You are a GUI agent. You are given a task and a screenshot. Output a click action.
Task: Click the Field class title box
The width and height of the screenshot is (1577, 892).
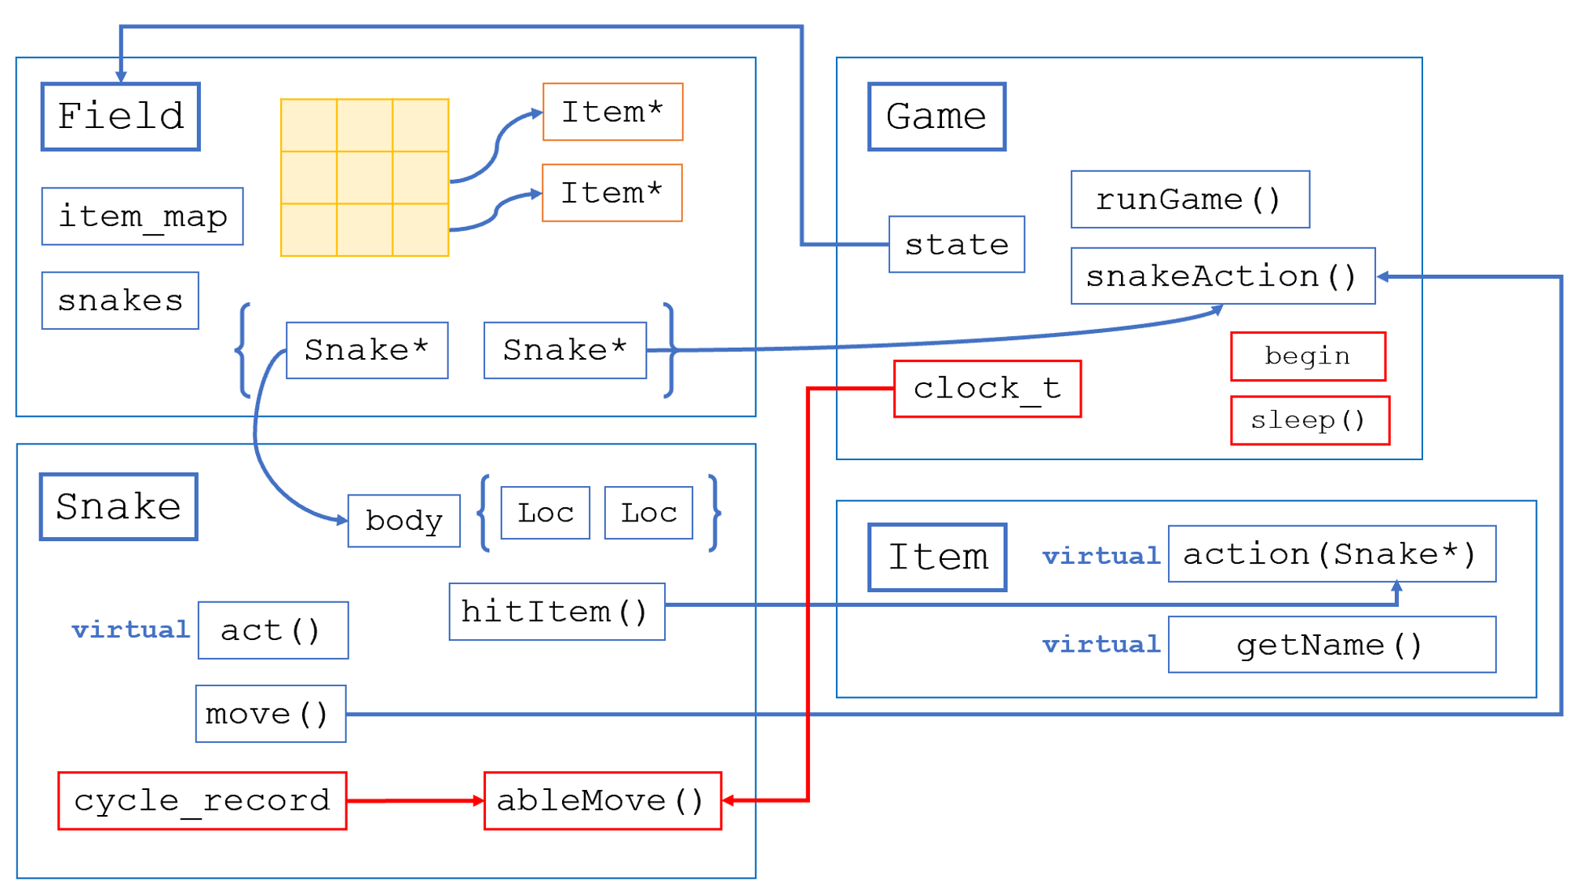pyautogui.click(x=120, y=116)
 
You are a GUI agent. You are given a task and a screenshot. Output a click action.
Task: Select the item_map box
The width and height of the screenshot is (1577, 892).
pyautogui.click(x=142, y=216)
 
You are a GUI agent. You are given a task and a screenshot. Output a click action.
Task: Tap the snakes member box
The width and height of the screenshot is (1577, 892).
pyautogui.click(x=120, y=300)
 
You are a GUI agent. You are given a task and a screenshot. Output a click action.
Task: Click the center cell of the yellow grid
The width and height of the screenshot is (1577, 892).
pyautogui.click(x=364, y=177)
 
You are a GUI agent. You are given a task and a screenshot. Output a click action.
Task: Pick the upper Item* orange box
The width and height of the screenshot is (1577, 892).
pyautogui.click(x=612, y=111)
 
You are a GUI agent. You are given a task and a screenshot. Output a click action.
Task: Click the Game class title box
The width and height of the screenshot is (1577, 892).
pyautogui.click(x=936, y=116)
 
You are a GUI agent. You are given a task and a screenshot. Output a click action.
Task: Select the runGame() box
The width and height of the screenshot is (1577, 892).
pyautogui.click(x=1189, y=199)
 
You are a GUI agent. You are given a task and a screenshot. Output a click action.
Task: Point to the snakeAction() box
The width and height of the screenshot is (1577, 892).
pyautogui.click(x=1222, y=276)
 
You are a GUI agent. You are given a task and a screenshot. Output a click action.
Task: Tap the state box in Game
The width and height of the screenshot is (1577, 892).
pyautogui.click(x=956, y=244)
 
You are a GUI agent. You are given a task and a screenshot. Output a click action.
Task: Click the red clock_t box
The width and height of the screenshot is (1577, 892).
pyautogui.click(x=987, y=389)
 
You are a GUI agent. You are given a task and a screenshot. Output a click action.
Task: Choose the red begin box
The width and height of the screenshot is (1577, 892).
pyautogui.click(x=1307, y=356)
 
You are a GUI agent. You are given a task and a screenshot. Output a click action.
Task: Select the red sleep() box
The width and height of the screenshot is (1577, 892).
pyautogui.click(x=1309, y=420)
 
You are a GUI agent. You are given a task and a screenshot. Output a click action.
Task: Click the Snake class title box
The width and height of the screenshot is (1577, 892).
pyautogui.click(x=119, y=506)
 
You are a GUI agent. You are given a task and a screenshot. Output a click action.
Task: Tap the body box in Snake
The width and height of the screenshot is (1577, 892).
pyautogui.click(x=403, y=520)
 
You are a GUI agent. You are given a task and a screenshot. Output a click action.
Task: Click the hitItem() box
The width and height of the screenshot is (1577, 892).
pyautogui.click(x=556, y=611)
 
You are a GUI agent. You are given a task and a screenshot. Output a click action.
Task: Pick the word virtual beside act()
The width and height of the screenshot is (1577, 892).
pyautogui.click(x=130, y=630)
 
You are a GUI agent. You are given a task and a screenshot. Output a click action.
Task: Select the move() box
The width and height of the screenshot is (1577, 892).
pyautogui.click(x=270, y=713)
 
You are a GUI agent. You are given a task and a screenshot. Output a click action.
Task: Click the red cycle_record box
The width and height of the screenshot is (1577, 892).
pyautogui.click(x=202, y=800)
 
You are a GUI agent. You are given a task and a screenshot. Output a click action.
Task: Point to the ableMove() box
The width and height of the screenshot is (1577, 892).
pyautogui.click(x=602, y=800)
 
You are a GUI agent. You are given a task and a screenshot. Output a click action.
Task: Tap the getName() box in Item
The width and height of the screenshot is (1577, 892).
pyautogui.click(x=1331, y=644)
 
